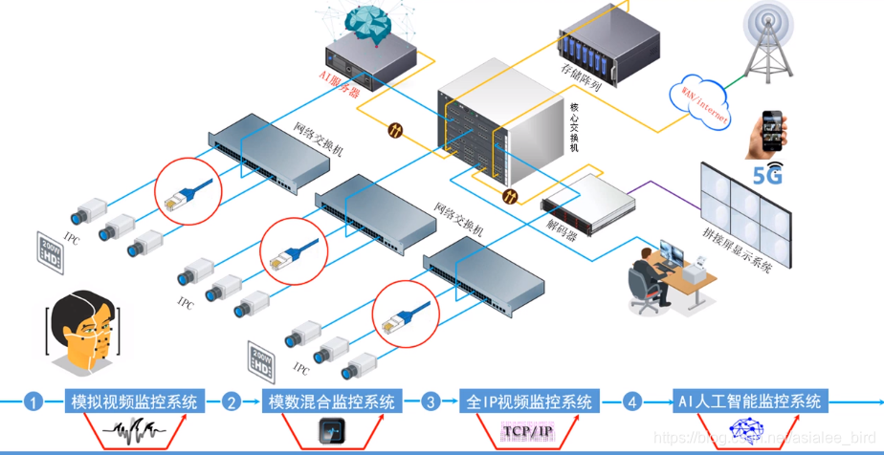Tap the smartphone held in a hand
pyautogui.click(x=772, y=133)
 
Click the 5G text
pyautogui.click(x=768, y=175)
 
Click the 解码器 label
pyautogui.click(x=562, y=229)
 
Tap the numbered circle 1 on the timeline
pyautogui.click(x=34, y=402)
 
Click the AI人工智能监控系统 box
pyautogui.click(x=749, y=401)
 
